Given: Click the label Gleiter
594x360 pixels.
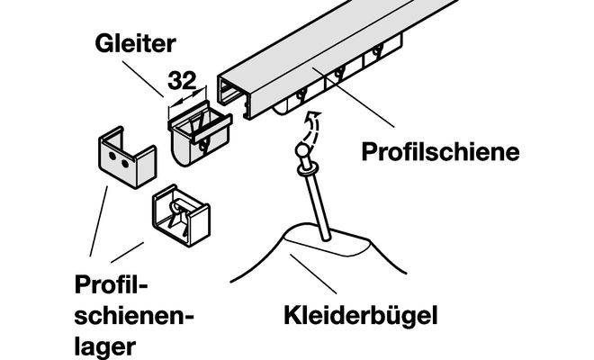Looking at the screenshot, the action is point(135,43).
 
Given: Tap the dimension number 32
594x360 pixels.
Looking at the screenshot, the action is point(182,80).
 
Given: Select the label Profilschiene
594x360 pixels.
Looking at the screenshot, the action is point(440,152).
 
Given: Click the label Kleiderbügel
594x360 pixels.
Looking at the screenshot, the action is point(361,316).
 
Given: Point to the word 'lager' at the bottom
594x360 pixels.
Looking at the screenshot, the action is point(105,346).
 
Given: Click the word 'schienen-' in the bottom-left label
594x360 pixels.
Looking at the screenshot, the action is point(134,316).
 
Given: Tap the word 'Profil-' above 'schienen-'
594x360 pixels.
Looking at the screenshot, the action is point(111,284).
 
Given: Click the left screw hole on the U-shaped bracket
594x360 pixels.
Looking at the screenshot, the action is point(112,156).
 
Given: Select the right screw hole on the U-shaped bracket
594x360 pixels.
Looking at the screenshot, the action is point(124,164).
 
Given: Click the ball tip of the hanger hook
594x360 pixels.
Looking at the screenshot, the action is point(301,149).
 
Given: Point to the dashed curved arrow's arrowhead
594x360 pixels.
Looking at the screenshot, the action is point(315,114).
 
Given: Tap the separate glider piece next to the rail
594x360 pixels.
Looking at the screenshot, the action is point(199,133).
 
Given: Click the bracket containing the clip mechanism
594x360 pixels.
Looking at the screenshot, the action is point(181,215).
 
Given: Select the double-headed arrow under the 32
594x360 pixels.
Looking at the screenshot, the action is point(187,97).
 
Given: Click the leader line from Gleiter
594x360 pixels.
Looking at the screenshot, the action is point(143,79).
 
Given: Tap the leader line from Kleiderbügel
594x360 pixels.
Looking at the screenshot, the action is point(313,274).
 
